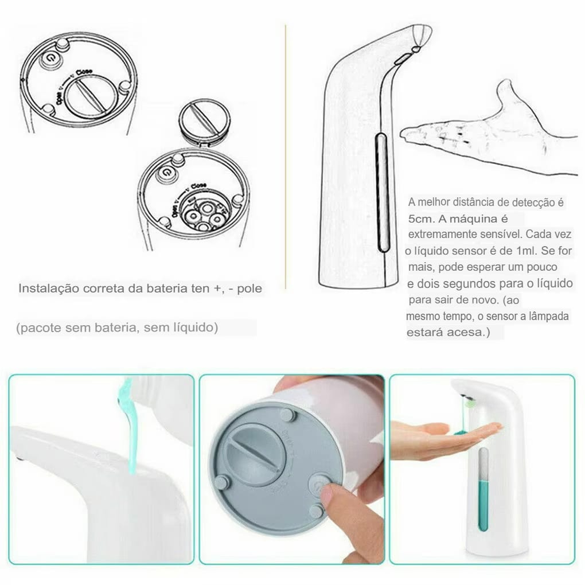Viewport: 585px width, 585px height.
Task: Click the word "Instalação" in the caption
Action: tap(48, 288)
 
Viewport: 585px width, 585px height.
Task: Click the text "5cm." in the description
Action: tap(420, 219)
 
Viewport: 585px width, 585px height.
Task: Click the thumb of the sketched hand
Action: tap(508, 92)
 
